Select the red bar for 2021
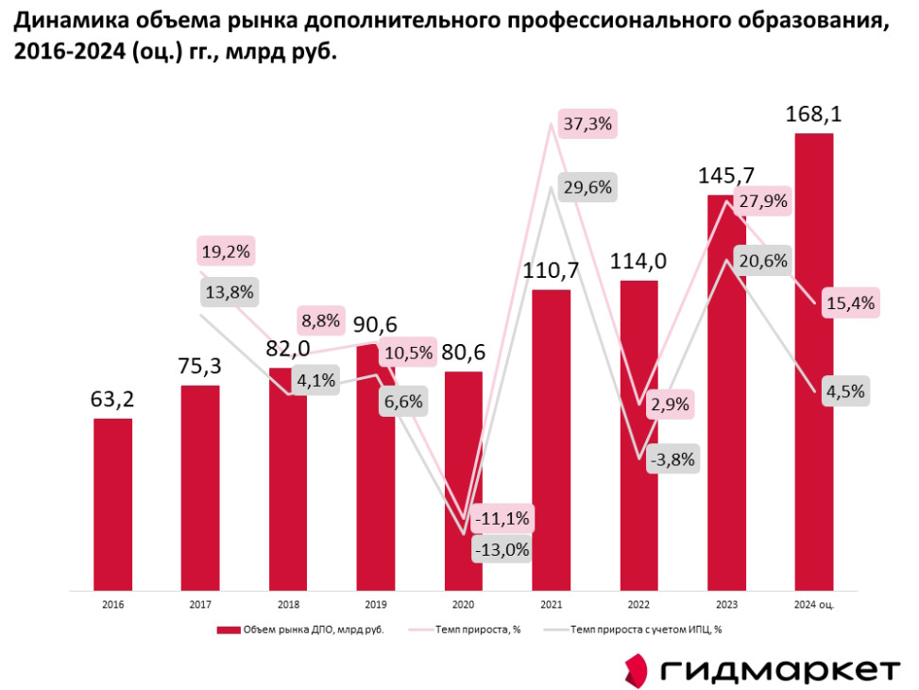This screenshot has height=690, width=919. point(551,439)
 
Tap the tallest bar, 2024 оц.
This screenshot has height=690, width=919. point(813,360)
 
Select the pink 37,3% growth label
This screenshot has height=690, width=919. point(587,123)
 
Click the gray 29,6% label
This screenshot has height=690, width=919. point(586,187)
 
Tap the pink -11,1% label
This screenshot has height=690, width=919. point(503,519)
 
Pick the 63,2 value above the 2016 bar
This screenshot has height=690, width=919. point(112,400)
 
